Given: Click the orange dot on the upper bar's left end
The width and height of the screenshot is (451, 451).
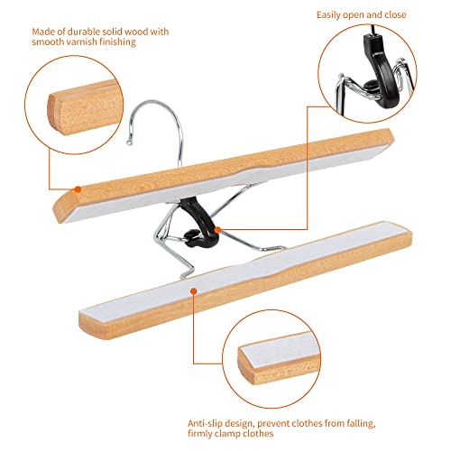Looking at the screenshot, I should point(78,189).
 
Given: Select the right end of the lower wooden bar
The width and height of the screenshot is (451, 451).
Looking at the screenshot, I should point(369,214).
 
